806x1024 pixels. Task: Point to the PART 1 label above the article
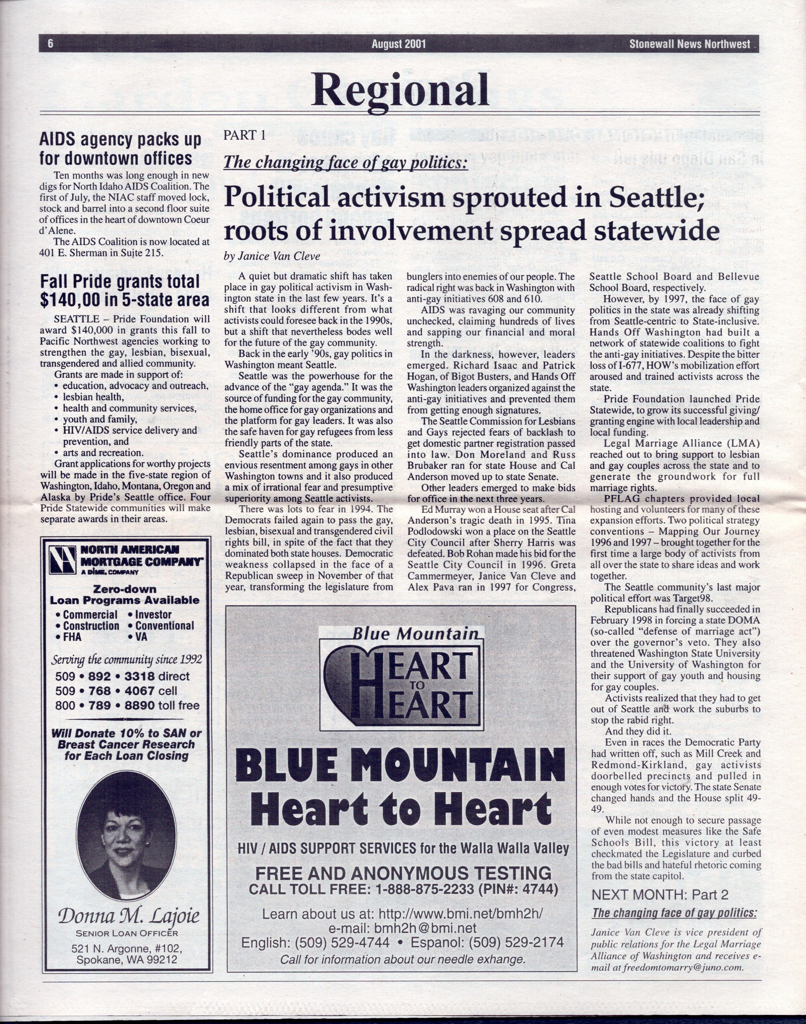tap(245, 135)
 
